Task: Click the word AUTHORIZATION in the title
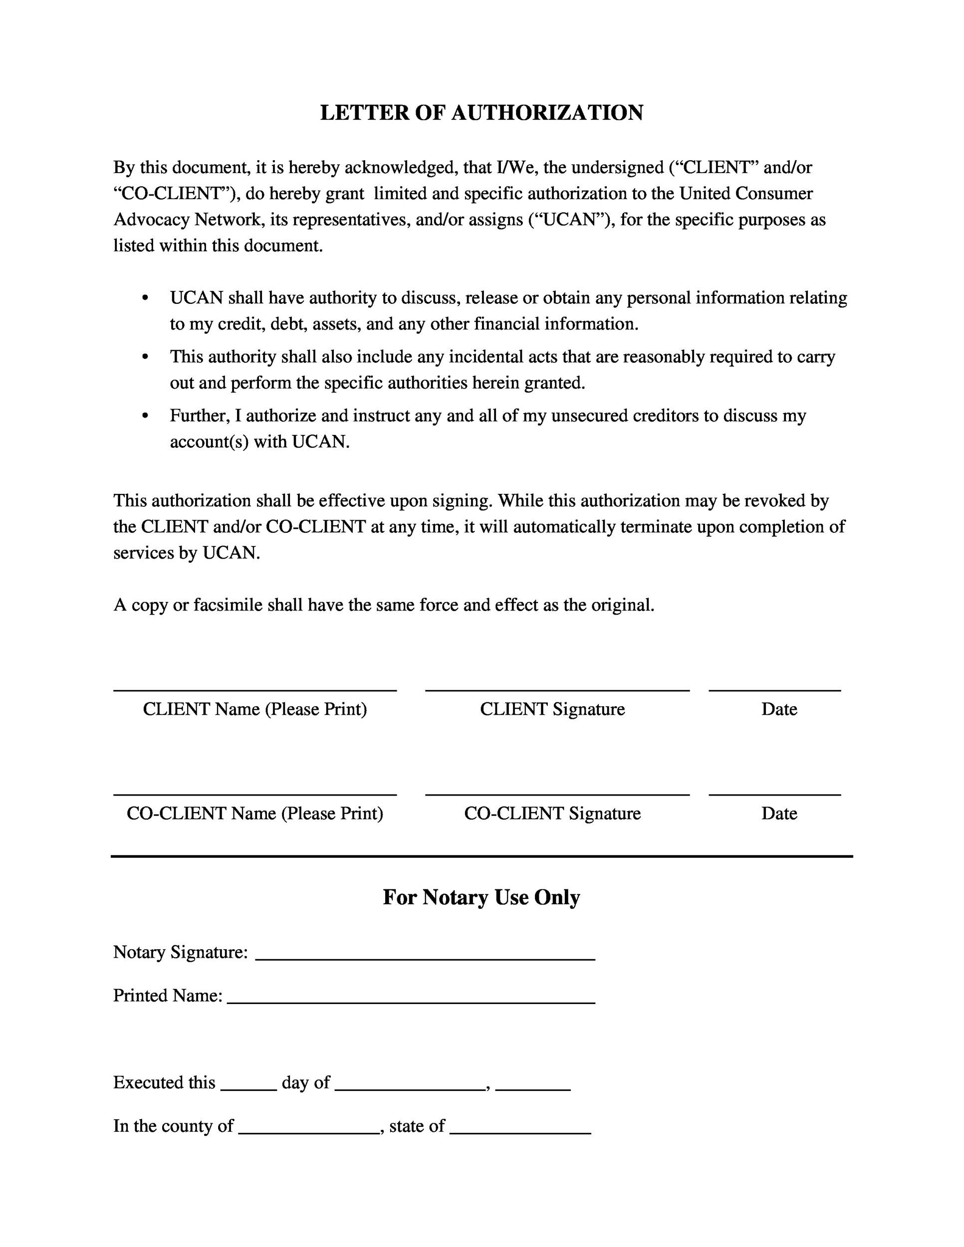coord(547,113)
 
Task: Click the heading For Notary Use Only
coord(482,897)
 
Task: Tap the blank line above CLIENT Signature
coord(557,690)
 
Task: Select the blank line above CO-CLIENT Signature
coord(557,794)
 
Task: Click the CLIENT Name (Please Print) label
coord(254,709)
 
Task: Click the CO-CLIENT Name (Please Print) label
coord(254,813)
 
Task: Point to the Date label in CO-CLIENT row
coord(778,813)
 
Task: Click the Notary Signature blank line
coord(425,959)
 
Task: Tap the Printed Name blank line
coord(411,1003)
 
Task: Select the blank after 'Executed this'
coord(248,1089)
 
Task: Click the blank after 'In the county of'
coord(309,1133)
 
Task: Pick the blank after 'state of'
coord(520,1133)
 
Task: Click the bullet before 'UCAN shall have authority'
coord(145,299)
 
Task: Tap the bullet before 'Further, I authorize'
coord(145,416)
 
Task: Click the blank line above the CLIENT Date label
coord(774,690)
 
